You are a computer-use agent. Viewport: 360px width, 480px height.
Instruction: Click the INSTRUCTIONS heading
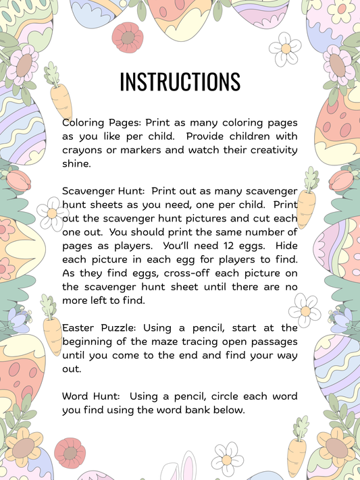180,82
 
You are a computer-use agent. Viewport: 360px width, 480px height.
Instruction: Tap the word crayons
84,150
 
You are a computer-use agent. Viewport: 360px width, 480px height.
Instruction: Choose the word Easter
79,327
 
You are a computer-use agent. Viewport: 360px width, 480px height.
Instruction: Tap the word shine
76,163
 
